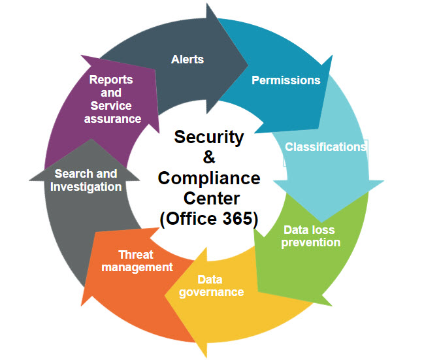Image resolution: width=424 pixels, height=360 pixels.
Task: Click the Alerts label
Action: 188,59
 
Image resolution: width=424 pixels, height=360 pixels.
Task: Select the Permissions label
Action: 285,80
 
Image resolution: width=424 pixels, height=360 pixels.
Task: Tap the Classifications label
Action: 325,147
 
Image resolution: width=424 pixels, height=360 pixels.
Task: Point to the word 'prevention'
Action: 311,243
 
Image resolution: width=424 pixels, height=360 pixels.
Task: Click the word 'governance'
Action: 211,293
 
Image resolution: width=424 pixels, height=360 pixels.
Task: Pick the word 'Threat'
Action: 136,255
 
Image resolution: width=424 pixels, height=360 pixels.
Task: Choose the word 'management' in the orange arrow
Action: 137,267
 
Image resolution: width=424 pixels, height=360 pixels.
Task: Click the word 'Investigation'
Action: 86,187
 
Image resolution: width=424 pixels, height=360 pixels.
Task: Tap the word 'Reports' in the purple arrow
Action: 111,80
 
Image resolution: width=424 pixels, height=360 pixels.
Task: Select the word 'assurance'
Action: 112,119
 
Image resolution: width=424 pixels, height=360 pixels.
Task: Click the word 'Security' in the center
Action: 209,137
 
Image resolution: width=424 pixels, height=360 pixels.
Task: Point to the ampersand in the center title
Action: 209,157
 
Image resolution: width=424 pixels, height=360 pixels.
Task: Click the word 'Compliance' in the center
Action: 209,178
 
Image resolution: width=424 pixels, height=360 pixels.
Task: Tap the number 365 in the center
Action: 238,218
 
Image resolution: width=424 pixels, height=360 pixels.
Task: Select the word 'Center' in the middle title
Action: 212,198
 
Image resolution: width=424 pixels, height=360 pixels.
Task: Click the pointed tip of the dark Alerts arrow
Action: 248,65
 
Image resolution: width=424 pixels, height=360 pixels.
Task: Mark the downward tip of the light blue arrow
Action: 321,221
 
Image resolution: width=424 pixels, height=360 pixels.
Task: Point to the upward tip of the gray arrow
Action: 91,139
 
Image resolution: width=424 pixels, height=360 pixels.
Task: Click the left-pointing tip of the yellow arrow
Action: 165,295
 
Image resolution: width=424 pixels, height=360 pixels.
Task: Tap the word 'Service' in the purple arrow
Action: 111,106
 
